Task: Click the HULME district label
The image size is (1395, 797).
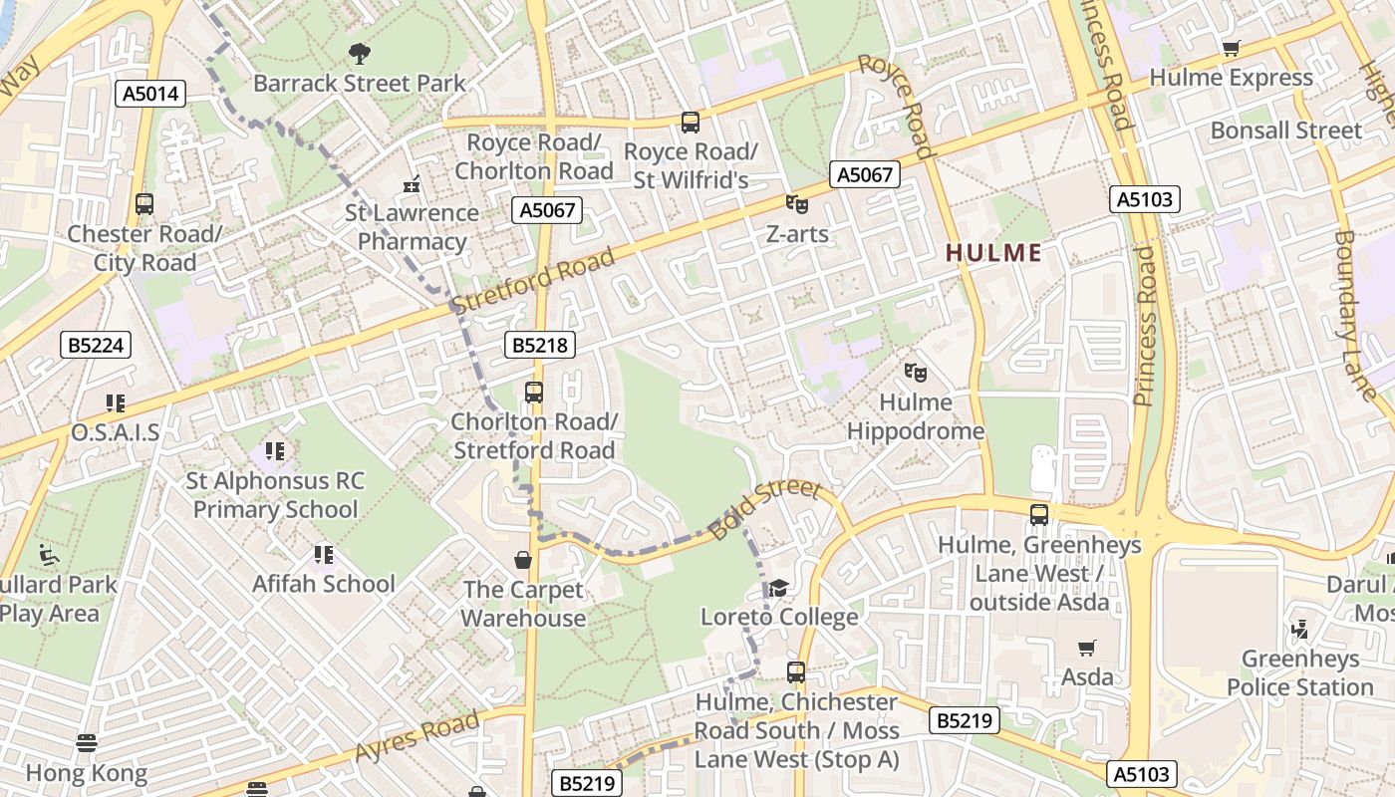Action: pos(993,253)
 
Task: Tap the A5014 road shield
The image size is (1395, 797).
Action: pos(150,94)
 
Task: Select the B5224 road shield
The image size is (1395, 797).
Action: pos(96,345)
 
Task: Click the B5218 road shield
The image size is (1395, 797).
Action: pos(541,345)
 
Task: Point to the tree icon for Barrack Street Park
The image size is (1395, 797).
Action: pos(359,53)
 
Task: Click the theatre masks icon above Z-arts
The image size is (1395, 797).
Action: pos(796,204)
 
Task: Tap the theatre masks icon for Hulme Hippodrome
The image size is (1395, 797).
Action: pos(915,373)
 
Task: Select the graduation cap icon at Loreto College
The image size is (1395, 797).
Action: pos(778,588)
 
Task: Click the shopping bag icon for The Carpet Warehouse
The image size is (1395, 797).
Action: pos(523,560)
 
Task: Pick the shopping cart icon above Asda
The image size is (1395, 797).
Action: pos(1087,648)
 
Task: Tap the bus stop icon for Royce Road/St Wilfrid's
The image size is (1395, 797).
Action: pos(690,123)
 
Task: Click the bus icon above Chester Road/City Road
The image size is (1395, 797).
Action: pos(144,204)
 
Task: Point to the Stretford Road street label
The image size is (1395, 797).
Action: pos(533,280)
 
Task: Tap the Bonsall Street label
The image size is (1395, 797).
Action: pos(1285,131)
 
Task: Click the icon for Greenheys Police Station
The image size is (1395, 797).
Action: pos(1299,630)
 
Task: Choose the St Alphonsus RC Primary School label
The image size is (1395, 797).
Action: pos(275,495)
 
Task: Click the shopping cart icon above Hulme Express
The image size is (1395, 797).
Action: pos(1232,48)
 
